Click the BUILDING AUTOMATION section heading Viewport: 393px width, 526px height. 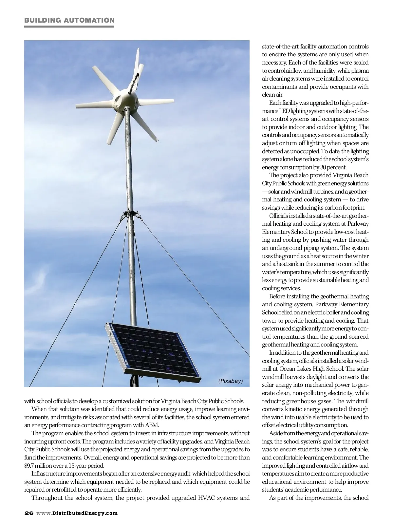click(69, 20)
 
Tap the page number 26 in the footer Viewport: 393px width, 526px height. click(28, 513)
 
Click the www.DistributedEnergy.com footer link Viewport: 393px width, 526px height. click(77, 513)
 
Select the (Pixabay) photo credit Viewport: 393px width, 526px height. click(231, 381)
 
